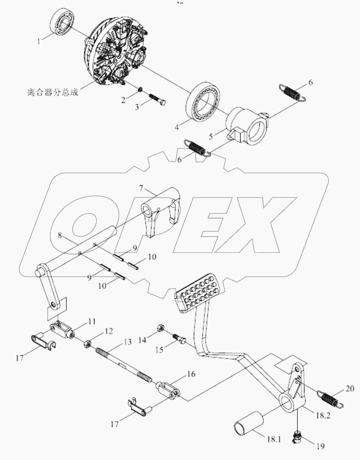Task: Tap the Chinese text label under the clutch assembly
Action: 53,93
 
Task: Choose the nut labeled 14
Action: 160,327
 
